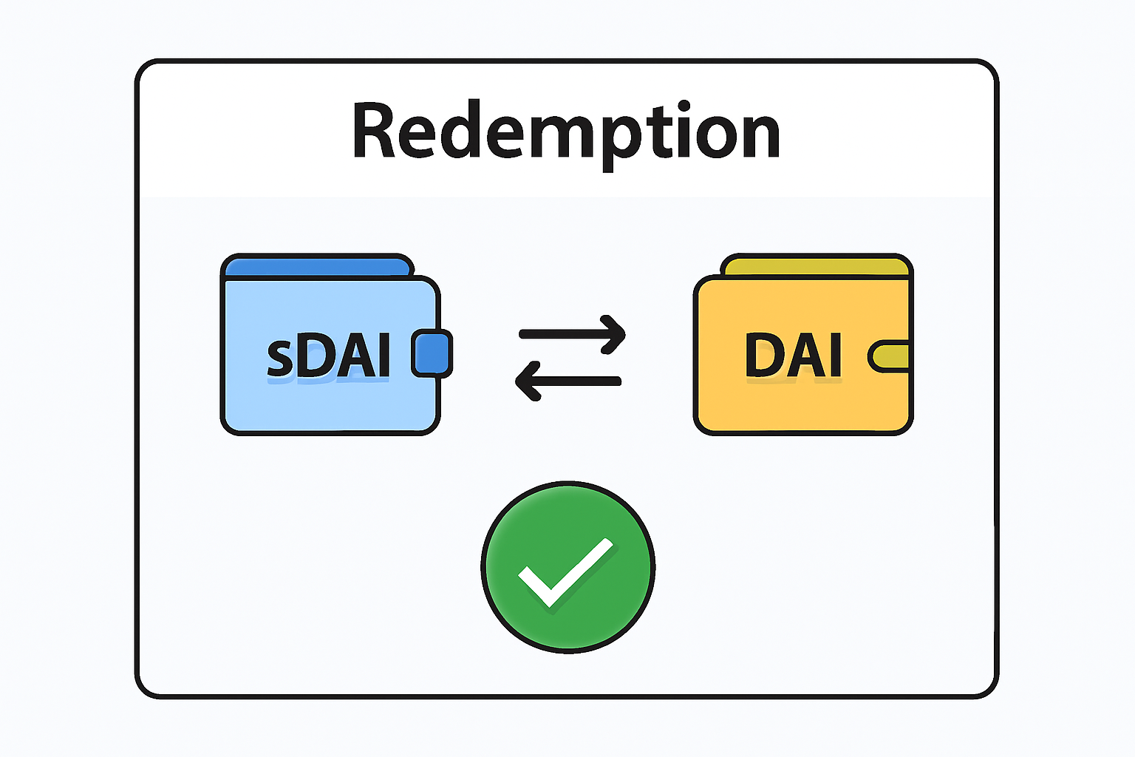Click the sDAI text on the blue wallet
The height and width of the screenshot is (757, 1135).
click(x=328, y=356)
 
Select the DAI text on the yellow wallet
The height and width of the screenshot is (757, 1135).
click(x=793, y=356)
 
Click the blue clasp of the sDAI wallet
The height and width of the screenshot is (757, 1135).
click(x=432, y=353)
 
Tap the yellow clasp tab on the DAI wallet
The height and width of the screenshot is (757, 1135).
click(x=889, y=356)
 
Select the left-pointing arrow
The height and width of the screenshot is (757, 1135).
click(x=567, y=381)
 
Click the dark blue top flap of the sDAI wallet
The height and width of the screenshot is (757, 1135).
click(x=318, y=267)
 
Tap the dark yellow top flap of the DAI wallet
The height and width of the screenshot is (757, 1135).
click(x=817, y=266)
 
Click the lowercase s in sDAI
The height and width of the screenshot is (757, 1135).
click(x=279, y=359)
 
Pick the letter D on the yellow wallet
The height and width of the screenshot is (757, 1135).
click(x=764, y=356)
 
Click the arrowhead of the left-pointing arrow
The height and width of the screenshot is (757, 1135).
click(x=525, y=381)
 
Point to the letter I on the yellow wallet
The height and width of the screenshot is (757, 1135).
click(x=834, y=356)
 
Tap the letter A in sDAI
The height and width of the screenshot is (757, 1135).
click(x=350, y=356)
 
